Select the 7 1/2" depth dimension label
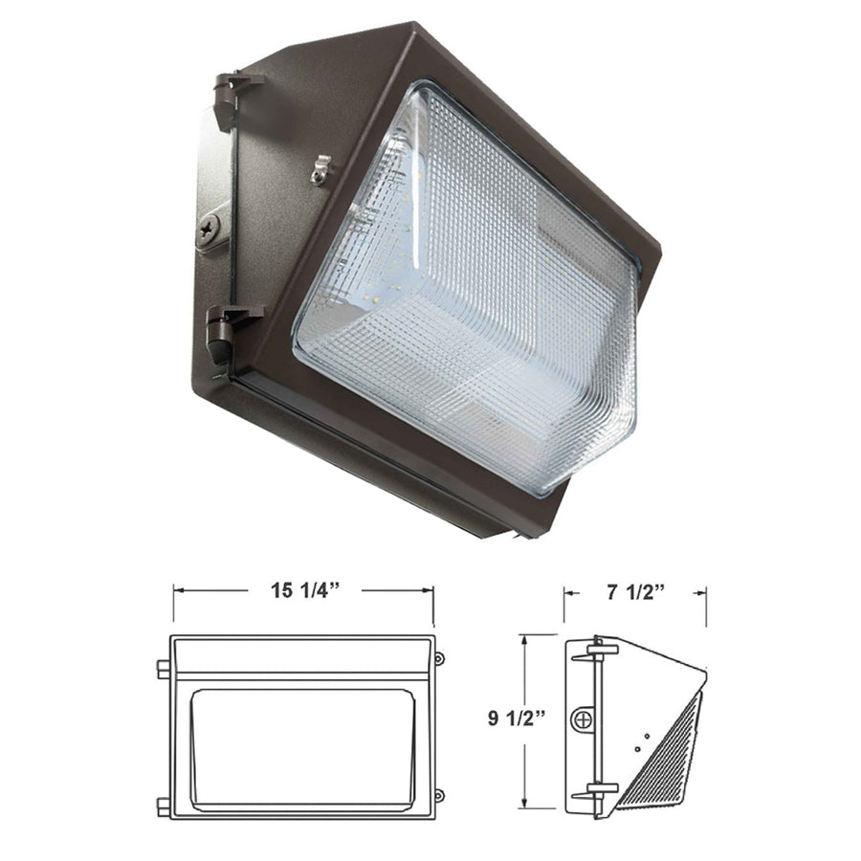click(x=634, y=590)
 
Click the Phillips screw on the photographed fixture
click(x=208, y=228)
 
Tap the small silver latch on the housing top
click(x=320, y=169)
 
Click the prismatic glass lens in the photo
click(x=469, y=287)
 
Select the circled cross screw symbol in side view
click(x=583, y=717)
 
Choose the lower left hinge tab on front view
click(x=164, y=806)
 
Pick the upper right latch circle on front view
click(x=439, y=658)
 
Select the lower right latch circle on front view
click(x=439, y=794)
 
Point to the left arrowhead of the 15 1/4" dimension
click(x=177, y=591)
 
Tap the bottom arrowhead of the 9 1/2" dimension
click(x=523, y=806)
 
